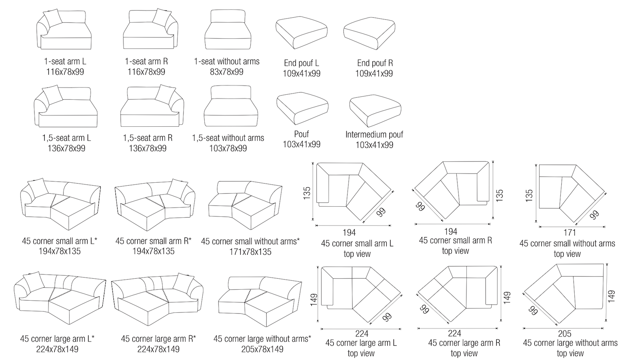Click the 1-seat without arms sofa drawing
[227, 32]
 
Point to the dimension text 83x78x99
[227, 72]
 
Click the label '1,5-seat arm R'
[147, 138]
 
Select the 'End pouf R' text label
[375, 63]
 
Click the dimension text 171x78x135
[250, 252]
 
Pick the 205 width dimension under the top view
[565, 334]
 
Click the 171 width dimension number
[569, 232]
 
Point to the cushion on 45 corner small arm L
[37, 187]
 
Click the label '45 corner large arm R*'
[158, 339]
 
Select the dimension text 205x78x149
[262, 349]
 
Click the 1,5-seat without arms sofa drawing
[230, 107]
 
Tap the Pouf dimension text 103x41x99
[301, 144]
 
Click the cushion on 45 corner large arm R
[184, 281]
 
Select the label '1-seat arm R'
[146, 61]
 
